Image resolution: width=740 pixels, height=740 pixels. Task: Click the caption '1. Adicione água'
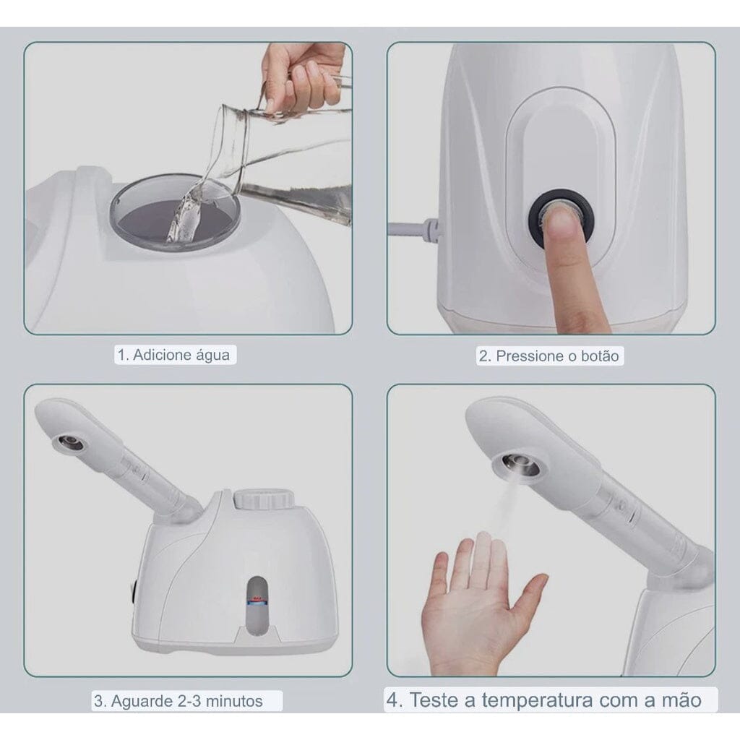pyautogui.click(x=174, y=355)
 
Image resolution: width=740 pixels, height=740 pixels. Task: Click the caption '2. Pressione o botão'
pyautogui.click(x=549, y=356)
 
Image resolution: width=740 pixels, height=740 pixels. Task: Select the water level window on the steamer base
pyautogui.click(x=257, y=603)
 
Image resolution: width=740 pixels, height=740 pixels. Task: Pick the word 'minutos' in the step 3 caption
pyautogui.click(x=233, y=700)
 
